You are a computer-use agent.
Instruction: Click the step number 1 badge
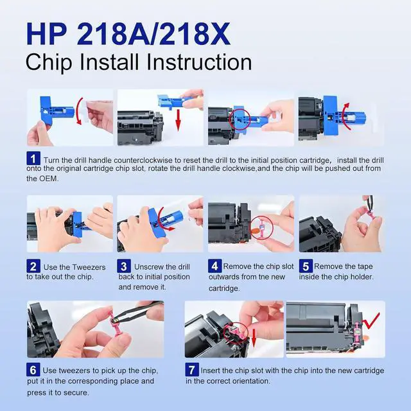(33, 159)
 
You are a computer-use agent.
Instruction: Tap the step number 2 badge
(33, 266)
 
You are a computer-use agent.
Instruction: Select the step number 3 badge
(124, 266)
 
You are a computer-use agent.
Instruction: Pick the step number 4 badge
(214, 266)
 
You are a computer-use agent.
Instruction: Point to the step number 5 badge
(306, 266)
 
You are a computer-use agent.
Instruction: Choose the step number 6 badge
(33, 370)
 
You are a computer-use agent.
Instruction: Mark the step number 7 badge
(192, 370)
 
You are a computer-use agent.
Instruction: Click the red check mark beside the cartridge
(370, 321)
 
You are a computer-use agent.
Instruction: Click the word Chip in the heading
(49, 62)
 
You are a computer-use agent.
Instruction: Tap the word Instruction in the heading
(199, 62)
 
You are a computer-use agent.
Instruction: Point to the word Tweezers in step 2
(89, 267)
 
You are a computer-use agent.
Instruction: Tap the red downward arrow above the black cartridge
(179, 120)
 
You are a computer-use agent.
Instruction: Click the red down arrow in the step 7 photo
(254, 338)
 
